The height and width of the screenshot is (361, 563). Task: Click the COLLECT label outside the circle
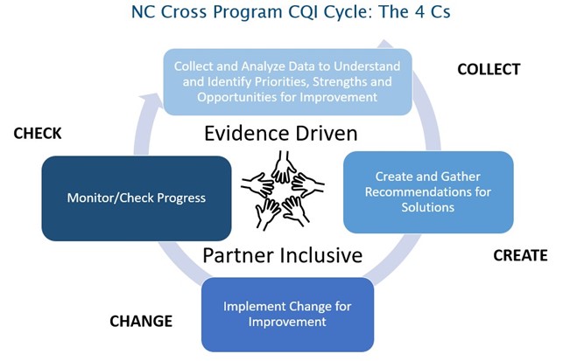488,69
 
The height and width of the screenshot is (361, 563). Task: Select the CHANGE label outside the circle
141,321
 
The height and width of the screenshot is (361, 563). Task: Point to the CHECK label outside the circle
38,134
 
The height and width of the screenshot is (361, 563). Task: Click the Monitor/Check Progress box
137,198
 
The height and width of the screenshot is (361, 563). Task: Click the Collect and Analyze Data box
287,81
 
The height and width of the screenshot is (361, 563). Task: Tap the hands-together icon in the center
282,188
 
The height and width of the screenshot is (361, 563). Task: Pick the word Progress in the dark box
179,198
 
